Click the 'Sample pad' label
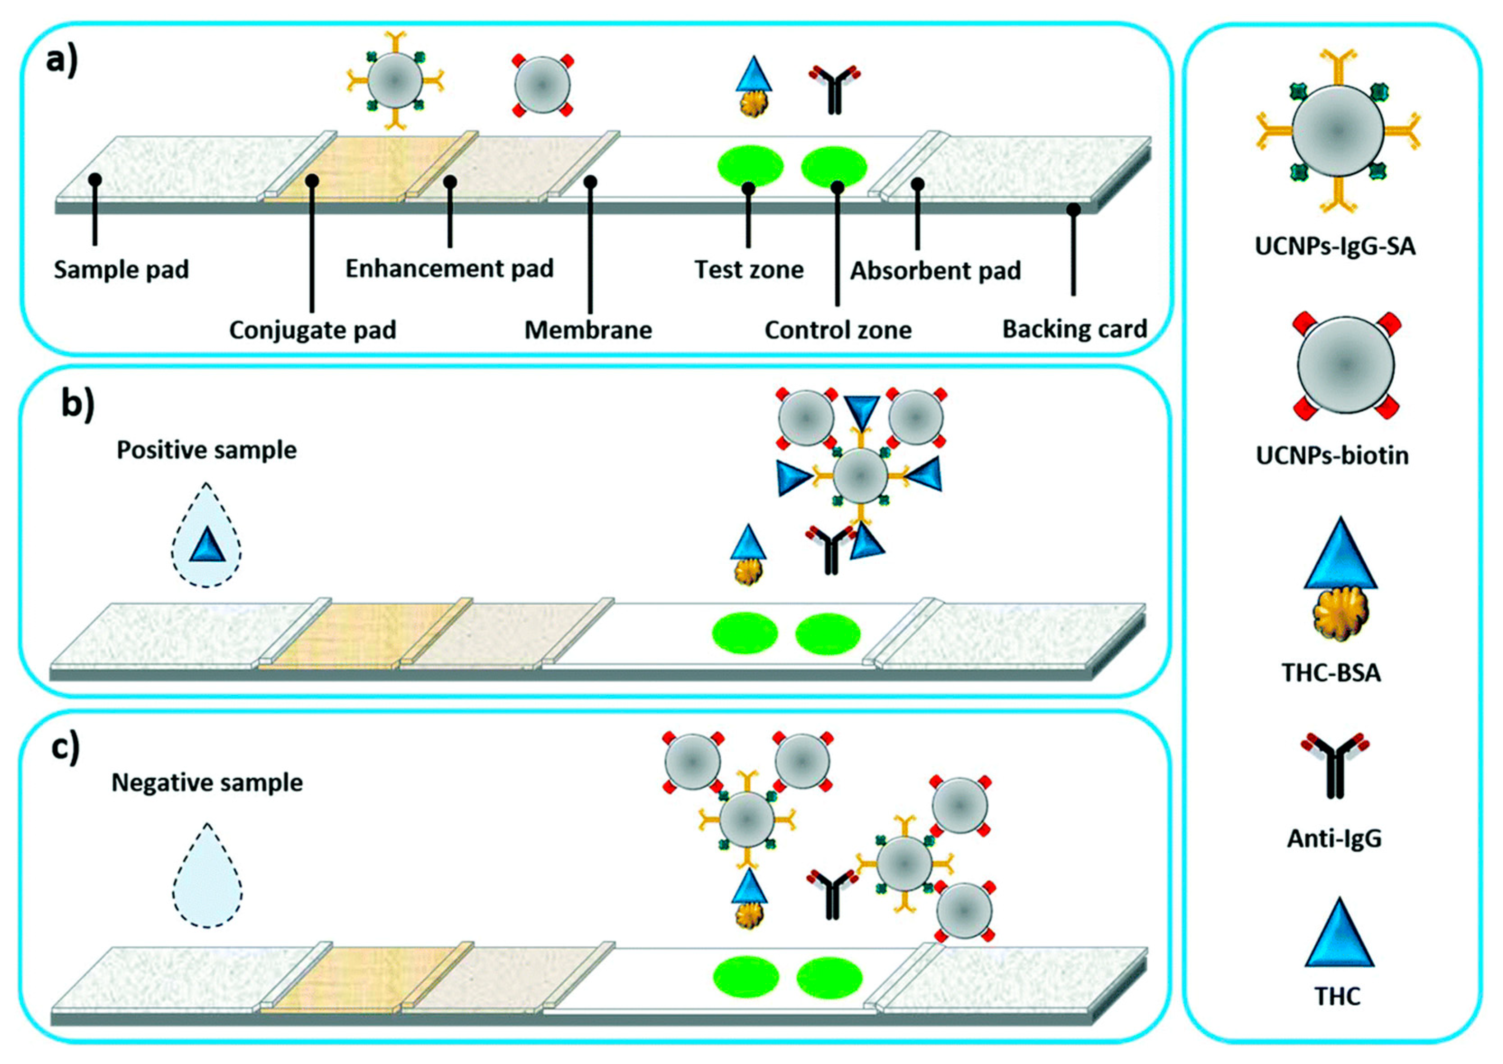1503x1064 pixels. (121, 270)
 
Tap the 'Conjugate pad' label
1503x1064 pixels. (312, 330)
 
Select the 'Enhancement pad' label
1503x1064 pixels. (449, 269)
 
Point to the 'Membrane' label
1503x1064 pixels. (588, 330)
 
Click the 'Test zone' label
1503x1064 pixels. (748, 270)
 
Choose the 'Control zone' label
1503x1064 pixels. (838, 330)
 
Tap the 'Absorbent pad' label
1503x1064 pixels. (935, 270)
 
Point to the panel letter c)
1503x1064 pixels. (65, 748)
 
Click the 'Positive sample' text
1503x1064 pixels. (206, 450)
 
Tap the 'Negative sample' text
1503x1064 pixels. (207, 782)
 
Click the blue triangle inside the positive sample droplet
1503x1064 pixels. (207, 545)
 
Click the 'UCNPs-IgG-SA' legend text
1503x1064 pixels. (1335, 246)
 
